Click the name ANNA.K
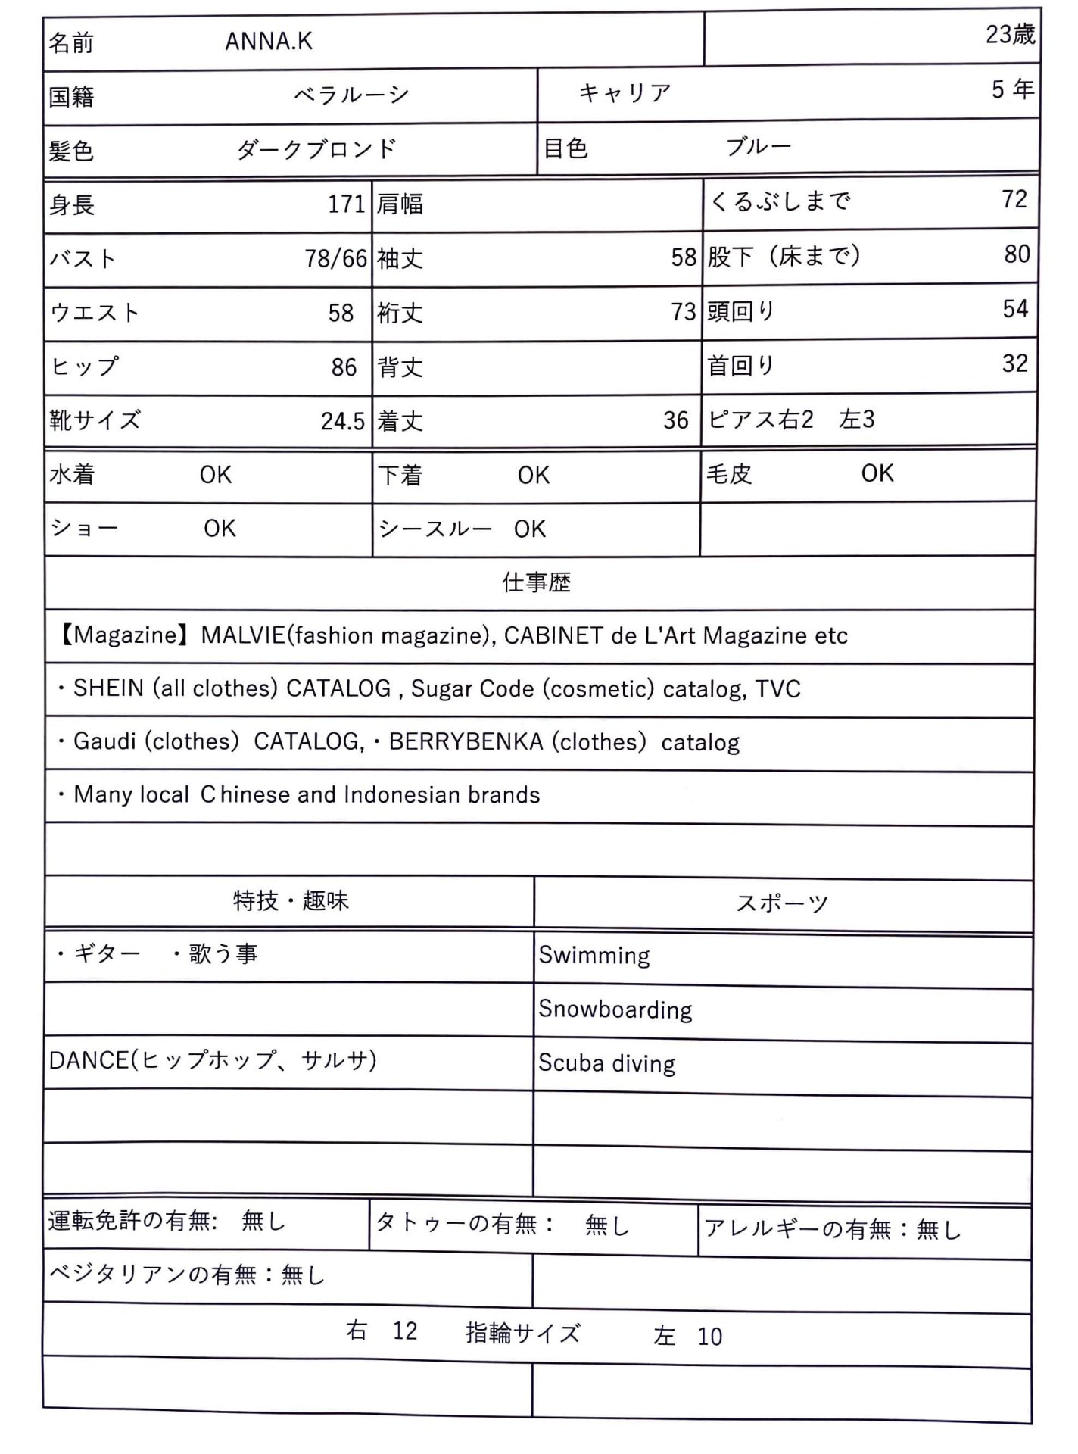point(269,41)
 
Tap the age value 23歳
point(1009,34)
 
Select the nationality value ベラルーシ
point(351,95)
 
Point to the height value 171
point(346,204)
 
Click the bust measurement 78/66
point(335,258)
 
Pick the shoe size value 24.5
point(342,421)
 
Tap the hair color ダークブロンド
point(316,148)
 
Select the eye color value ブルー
point(758,146)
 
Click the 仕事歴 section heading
point(536,582)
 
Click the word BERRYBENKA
point(466,741)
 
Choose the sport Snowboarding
point(615,1009)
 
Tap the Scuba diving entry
point(606,1063)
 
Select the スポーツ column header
point(782,902)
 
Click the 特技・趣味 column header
point(291,900)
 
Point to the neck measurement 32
point(1014,363)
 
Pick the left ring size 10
point(709,1337)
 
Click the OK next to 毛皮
point(877,473)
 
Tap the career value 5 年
point(1012,89)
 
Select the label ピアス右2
point(760,419)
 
